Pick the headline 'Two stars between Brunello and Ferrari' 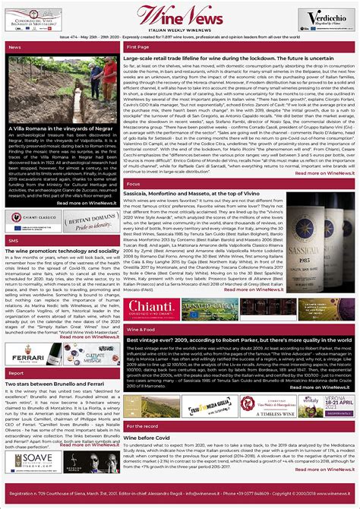[x=50, y=384]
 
